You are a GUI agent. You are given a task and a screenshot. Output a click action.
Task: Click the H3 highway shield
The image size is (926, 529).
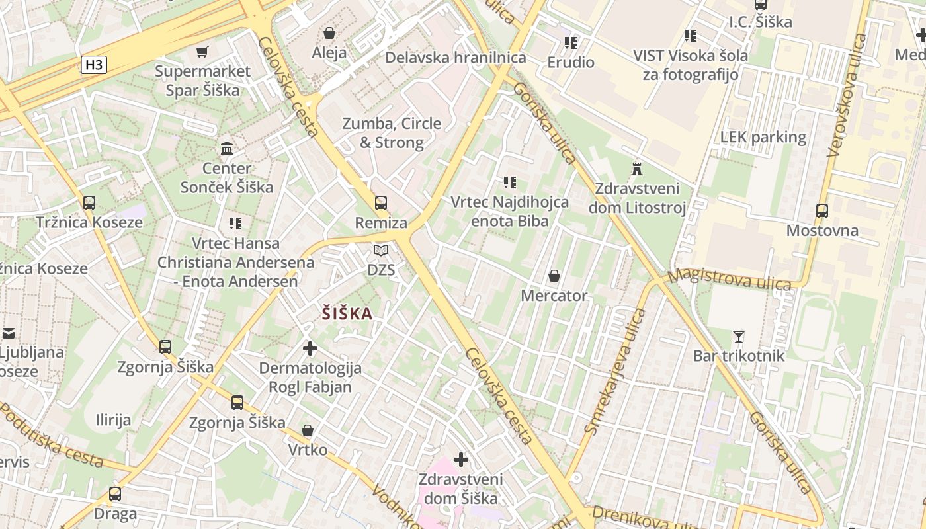[x=94, y=64]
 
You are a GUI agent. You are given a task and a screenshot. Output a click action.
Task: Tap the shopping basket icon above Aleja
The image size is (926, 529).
[x=329, y=32]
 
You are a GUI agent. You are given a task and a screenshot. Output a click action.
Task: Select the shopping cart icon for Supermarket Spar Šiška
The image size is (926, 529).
[x=202, y=51]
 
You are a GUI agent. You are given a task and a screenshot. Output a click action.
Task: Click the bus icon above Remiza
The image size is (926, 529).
[x=381, y=202]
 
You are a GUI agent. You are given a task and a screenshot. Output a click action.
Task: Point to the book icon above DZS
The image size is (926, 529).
[x=381, y=250]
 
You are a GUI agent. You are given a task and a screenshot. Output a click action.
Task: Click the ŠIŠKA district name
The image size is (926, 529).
[x=347, y=314]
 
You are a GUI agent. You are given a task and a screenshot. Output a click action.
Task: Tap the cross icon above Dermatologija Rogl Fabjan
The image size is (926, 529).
[x=310, y=348]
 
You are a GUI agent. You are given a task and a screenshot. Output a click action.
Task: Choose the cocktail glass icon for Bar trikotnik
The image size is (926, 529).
[x=739, y=337]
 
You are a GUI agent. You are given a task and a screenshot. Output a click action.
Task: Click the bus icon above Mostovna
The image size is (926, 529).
[x=822, y=211]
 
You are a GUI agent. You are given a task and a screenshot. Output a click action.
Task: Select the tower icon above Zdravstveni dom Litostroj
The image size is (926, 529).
[x=637, y=168]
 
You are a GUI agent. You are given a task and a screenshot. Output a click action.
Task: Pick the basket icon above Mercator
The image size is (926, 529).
[x=554, y=275]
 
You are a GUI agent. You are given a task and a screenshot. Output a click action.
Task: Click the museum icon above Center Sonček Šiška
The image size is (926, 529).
[x=227, y=148]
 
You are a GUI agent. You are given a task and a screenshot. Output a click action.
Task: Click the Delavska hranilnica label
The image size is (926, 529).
[x=456, y=58]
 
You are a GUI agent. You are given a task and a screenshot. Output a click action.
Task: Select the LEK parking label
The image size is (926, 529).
[x=763, y=138]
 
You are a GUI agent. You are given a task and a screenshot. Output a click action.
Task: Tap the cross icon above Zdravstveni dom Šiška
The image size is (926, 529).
[x=461, y=459]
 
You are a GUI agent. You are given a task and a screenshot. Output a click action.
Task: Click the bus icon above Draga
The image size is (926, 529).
[x=115, y=493]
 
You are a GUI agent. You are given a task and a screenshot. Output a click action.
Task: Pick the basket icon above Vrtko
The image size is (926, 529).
[x=308, y=430]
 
